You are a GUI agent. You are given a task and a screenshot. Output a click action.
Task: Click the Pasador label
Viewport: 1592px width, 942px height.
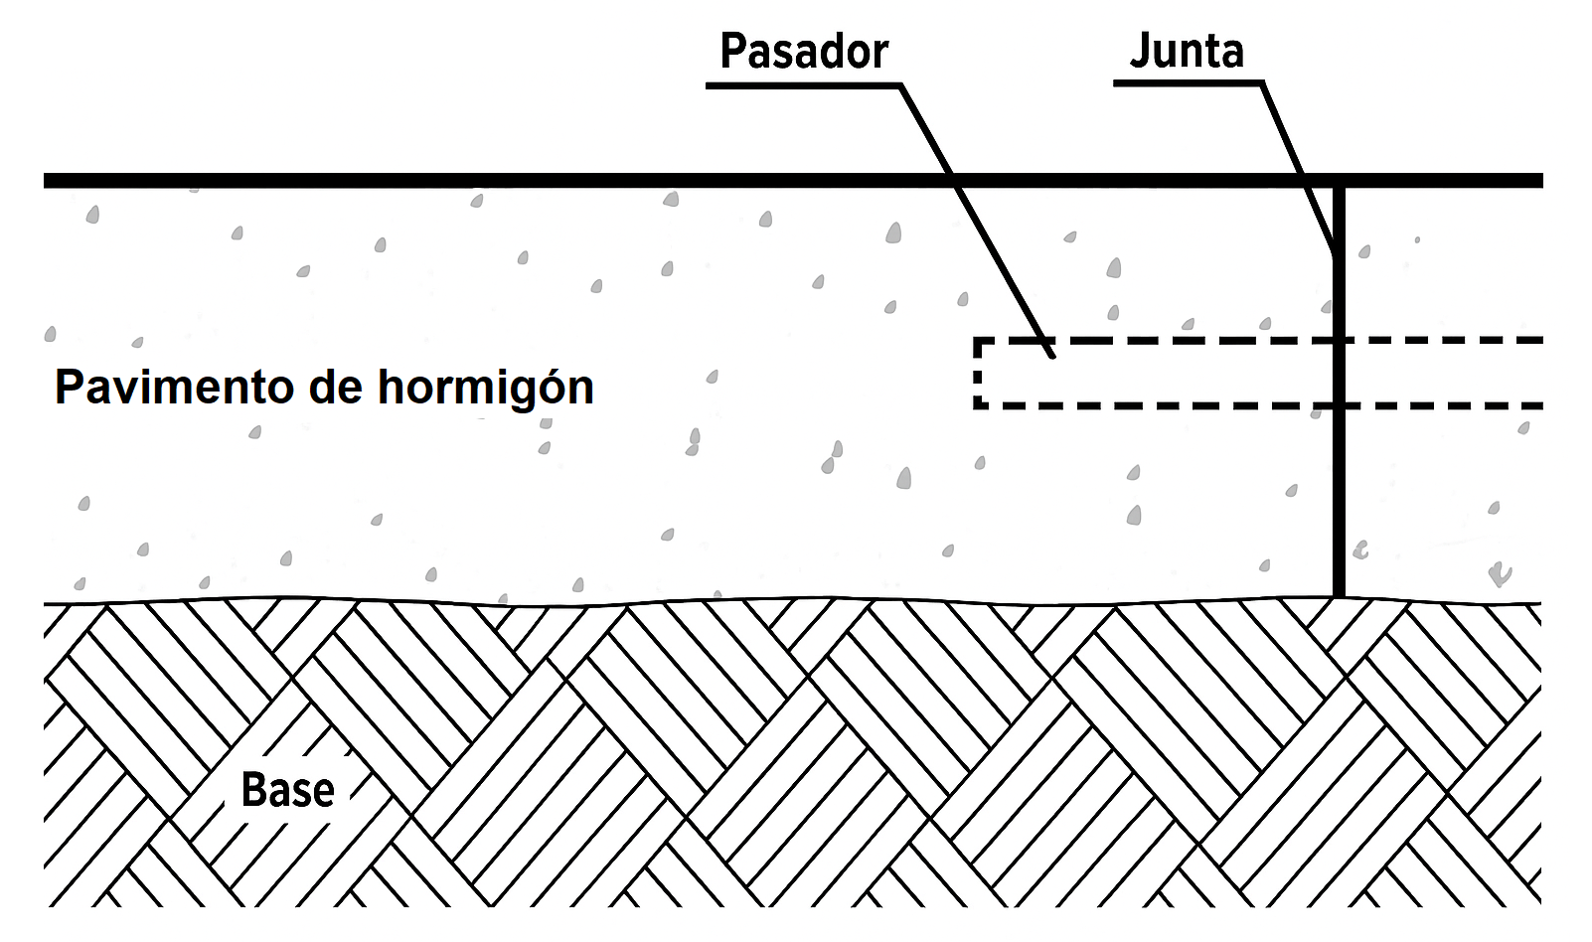(x=803, y=52)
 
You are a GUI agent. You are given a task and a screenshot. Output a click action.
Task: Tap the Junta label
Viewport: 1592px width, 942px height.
(x=1187, y=52)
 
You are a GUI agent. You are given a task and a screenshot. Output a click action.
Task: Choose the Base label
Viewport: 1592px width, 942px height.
(x=287, y=790)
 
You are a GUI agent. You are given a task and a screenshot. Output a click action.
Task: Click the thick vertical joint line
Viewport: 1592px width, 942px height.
(x=1339, y=477)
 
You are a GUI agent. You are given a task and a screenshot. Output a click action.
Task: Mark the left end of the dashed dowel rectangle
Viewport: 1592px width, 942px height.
(x=979, y=374)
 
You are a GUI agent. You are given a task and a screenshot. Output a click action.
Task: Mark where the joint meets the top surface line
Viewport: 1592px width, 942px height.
(x=1339, y=181)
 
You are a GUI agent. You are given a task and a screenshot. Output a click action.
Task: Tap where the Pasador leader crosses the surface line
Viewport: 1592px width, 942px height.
(x=953, y=181)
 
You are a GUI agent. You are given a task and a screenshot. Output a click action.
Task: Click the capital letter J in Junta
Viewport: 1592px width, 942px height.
(x=1140, y=52)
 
